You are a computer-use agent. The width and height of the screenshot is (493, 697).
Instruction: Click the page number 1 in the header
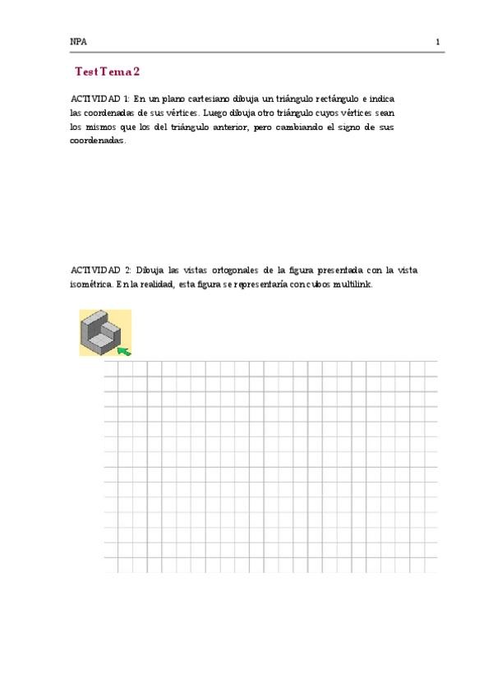click(x=438, y=42)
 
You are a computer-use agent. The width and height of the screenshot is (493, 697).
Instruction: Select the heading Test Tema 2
click(x=107, y=72)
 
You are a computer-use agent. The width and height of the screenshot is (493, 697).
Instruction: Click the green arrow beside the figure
click(x=123, y=351)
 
